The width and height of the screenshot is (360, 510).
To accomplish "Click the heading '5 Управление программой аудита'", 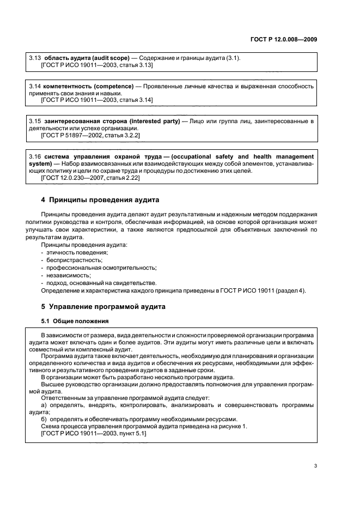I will click(103, 306).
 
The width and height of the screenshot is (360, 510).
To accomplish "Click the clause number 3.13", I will click(34, 58).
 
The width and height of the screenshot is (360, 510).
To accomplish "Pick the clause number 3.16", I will click(34, 156).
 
